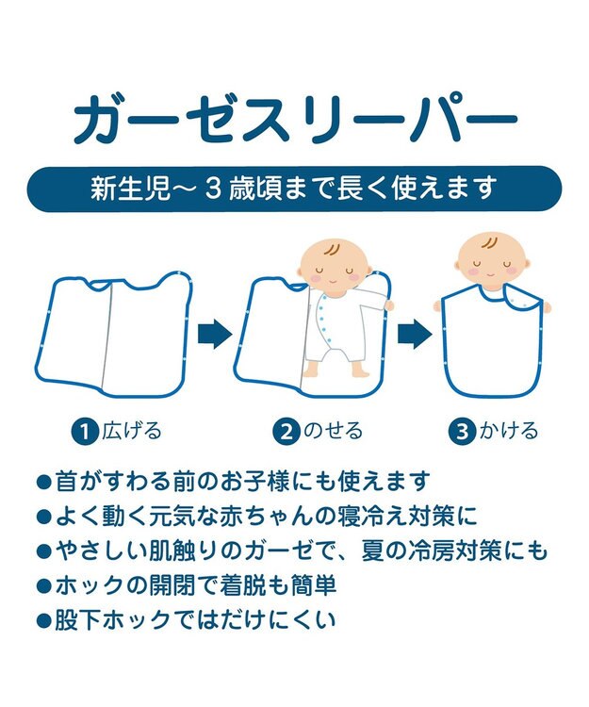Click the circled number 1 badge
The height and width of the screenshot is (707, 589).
[85, 432]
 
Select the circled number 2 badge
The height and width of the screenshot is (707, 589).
[286, 432]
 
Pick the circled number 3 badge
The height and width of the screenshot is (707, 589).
[462, 432]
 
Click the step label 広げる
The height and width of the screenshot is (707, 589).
[131, 431]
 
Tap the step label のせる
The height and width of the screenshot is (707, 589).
[333, 431]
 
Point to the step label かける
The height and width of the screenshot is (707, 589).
[508, 431]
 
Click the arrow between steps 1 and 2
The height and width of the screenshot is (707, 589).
[215, 334]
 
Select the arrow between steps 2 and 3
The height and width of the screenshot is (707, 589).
[415, 334]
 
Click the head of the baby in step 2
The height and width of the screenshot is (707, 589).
[334, 265]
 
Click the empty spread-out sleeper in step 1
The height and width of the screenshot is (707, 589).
[113, 335]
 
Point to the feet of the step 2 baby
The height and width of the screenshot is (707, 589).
[335, 370]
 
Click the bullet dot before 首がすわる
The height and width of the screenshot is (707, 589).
[43, 483]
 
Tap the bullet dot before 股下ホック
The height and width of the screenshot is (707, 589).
[43, 622]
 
